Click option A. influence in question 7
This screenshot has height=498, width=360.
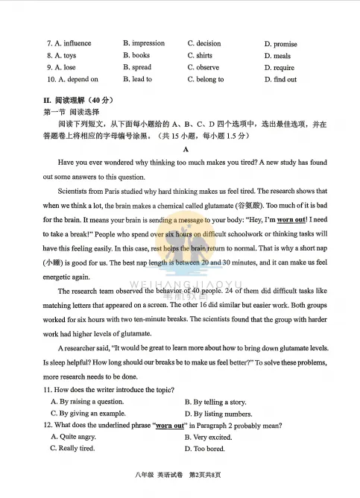[x=69, y=43]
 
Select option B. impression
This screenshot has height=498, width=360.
[x=144, y=43]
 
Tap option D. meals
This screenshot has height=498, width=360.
[x=277, y=56]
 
